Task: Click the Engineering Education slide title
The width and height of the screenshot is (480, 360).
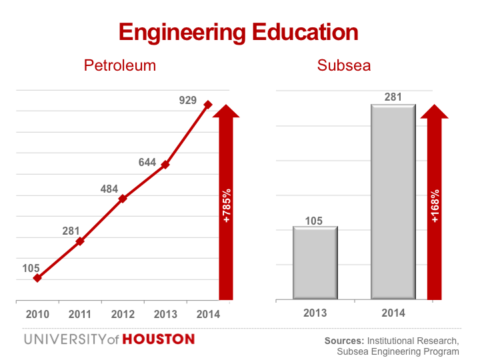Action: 238,31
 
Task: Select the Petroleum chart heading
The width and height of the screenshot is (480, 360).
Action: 120,65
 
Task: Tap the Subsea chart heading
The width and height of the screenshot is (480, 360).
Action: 344,65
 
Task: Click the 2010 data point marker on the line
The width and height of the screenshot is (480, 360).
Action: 37,278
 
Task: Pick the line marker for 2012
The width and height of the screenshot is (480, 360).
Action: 123,199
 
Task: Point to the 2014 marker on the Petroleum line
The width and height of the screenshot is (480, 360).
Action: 208,105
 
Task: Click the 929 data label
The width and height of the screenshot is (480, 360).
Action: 188,101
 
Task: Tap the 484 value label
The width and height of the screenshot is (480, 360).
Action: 109,189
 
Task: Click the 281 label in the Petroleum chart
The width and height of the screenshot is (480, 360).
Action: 71,231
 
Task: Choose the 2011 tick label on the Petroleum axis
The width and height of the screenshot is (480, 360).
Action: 80,314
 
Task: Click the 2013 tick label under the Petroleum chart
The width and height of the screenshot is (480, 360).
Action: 165,314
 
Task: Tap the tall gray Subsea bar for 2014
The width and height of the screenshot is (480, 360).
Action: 393,201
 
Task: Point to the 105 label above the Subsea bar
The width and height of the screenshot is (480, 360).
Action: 315,221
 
